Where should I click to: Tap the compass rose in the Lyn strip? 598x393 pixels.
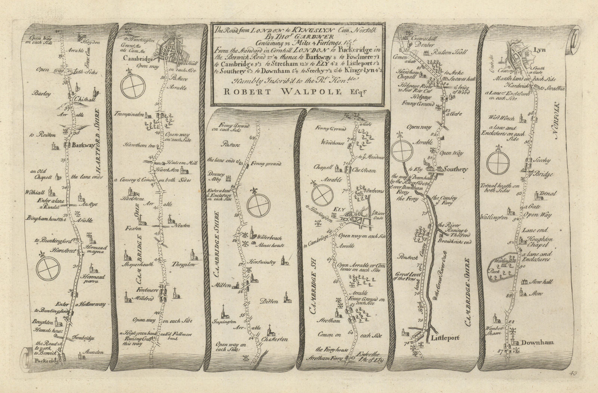pyautogui.click(x=499, y=162)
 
